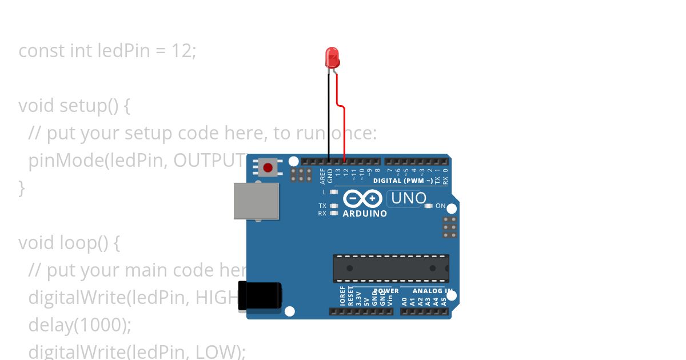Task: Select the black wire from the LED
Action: (329, 114)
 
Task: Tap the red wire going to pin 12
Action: (344, 131)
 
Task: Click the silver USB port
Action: (256, 201)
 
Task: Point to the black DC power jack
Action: (260, 296)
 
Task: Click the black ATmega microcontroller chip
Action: (391, 268)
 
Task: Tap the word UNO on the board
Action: (408, 198)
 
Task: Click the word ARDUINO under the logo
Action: (365, 214)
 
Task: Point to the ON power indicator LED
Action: (428, 206)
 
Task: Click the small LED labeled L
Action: (334, 192)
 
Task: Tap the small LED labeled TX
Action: (334, 206)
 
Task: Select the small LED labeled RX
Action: (334, 213)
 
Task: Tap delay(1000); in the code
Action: (79, 325)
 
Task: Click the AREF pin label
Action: (322, 175)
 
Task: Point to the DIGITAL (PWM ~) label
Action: (403, 181)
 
